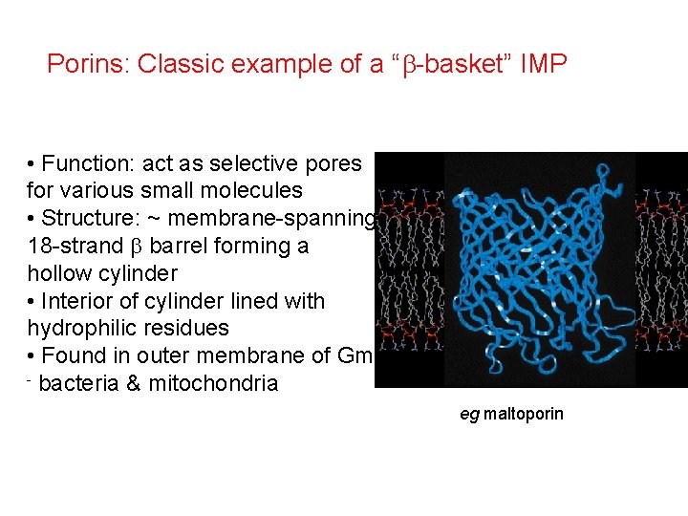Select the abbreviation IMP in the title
544,65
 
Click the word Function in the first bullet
86,163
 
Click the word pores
334,163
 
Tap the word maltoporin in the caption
524,414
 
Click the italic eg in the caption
469,415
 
